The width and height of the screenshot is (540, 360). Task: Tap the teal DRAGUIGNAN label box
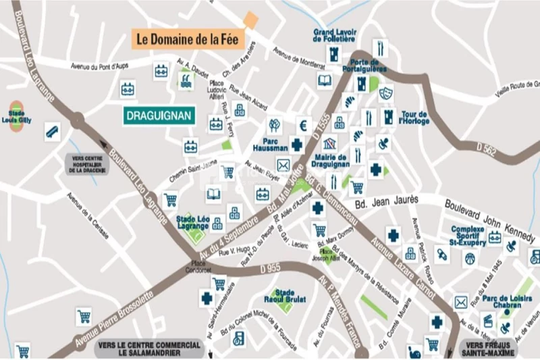tap(159, 115)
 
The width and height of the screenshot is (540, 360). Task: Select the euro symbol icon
tap(303, 125)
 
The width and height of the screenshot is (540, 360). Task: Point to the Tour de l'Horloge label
tap(414, 118)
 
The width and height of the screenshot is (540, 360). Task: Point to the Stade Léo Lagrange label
tap(193, 222)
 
